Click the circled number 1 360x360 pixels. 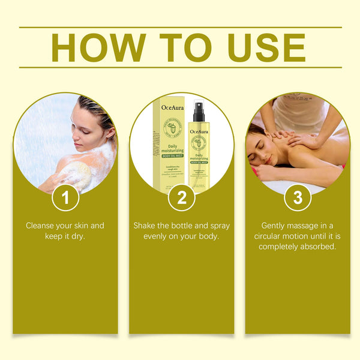[65, 197]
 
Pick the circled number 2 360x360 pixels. [181, 197]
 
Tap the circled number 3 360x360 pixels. [297, 197]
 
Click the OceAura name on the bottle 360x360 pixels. [199, 131]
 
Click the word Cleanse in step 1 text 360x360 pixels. [41, 226]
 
